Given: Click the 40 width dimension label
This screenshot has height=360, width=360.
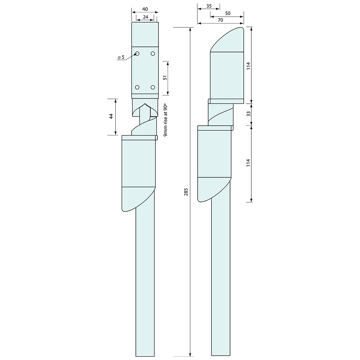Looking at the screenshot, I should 145,9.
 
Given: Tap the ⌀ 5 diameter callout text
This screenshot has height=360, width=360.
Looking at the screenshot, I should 121,57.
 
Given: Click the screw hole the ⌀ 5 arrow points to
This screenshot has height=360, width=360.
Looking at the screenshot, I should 137,53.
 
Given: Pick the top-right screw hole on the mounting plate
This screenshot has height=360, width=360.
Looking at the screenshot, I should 153,53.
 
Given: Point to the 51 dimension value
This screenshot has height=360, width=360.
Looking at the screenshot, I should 165,78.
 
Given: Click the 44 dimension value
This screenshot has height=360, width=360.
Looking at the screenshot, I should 111,116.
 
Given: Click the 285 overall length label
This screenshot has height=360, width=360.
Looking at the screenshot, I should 186,192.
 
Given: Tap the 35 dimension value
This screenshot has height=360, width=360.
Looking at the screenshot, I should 209,6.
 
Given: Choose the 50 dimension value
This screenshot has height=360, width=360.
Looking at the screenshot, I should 228,13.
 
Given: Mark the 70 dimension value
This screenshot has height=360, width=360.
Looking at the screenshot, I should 220,20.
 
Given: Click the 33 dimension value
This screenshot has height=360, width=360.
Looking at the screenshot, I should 248,114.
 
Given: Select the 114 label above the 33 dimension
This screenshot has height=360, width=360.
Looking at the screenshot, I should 248,65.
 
